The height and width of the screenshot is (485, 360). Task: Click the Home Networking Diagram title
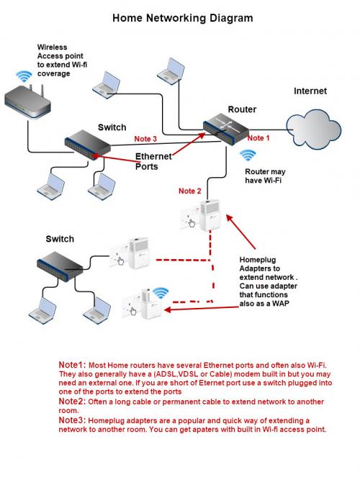point(183,18)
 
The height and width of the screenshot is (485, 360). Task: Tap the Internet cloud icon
point(313,130)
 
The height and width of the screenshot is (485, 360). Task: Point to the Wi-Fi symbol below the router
point(248,155)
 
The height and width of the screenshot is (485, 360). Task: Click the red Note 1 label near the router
point(258,138)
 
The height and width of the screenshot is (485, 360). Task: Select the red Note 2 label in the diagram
point(190,191)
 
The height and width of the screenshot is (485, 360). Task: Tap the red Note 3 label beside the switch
point(145,139)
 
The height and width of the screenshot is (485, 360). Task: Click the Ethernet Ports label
point(153,161)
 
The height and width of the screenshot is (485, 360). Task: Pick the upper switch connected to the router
point(88,145)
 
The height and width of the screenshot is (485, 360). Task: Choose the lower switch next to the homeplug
point(60,266)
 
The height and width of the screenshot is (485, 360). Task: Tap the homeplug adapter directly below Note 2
point(201,215)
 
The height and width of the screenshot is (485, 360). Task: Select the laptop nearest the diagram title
point(171,71)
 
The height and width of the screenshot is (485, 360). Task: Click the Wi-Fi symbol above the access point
point(24,76)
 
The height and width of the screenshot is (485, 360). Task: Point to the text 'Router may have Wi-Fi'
point(265,176)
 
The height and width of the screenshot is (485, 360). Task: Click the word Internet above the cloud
point(310,91)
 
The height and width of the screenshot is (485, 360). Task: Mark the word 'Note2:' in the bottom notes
point(72,402)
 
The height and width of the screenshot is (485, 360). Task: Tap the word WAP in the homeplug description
point(281,304)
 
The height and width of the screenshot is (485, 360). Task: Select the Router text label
point(242,109)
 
